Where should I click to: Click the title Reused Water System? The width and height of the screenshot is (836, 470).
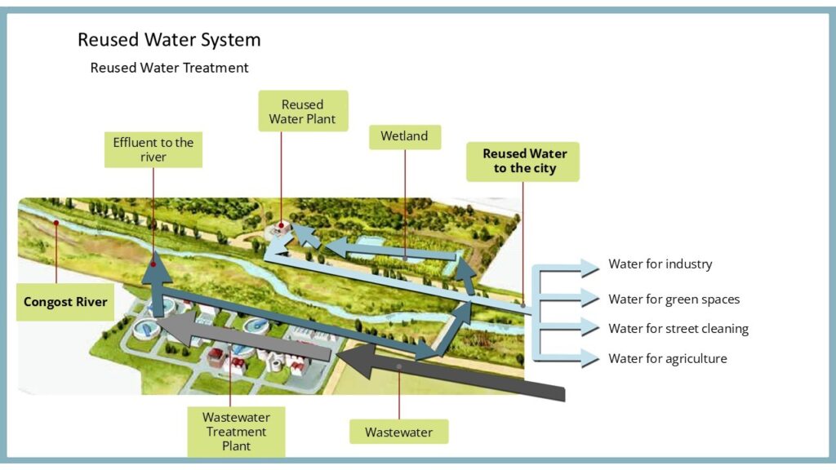tap(169, 40)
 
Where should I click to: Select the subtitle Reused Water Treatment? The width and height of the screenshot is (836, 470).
tap(169, 68)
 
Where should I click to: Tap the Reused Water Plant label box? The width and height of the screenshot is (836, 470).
tap(303, 112)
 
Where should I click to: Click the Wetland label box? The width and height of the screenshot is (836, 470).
tap(404, 136)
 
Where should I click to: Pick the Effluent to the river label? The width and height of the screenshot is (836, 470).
tap(153, 149)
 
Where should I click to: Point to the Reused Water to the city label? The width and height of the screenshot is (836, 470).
tap(523, 161)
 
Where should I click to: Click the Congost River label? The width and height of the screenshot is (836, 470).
tap(65, 302)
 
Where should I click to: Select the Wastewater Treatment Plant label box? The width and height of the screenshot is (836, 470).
tap(235, 432)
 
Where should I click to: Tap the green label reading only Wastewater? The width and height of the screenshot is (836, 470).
tap(399, 432)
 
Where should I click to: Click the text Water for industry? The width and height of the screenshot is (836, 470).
tap(660, 264)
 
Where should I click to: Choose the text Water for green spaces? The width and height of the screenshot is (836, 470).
tap(674, 299)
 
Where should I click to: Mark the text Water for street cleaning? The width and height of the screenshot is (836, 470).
tap(678, 329)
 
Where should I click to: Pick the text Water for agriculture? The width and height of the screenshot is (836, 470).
tap(667, 358)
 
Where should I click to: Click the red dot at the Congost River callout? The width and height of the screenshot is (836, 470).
tap(56, 222)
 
